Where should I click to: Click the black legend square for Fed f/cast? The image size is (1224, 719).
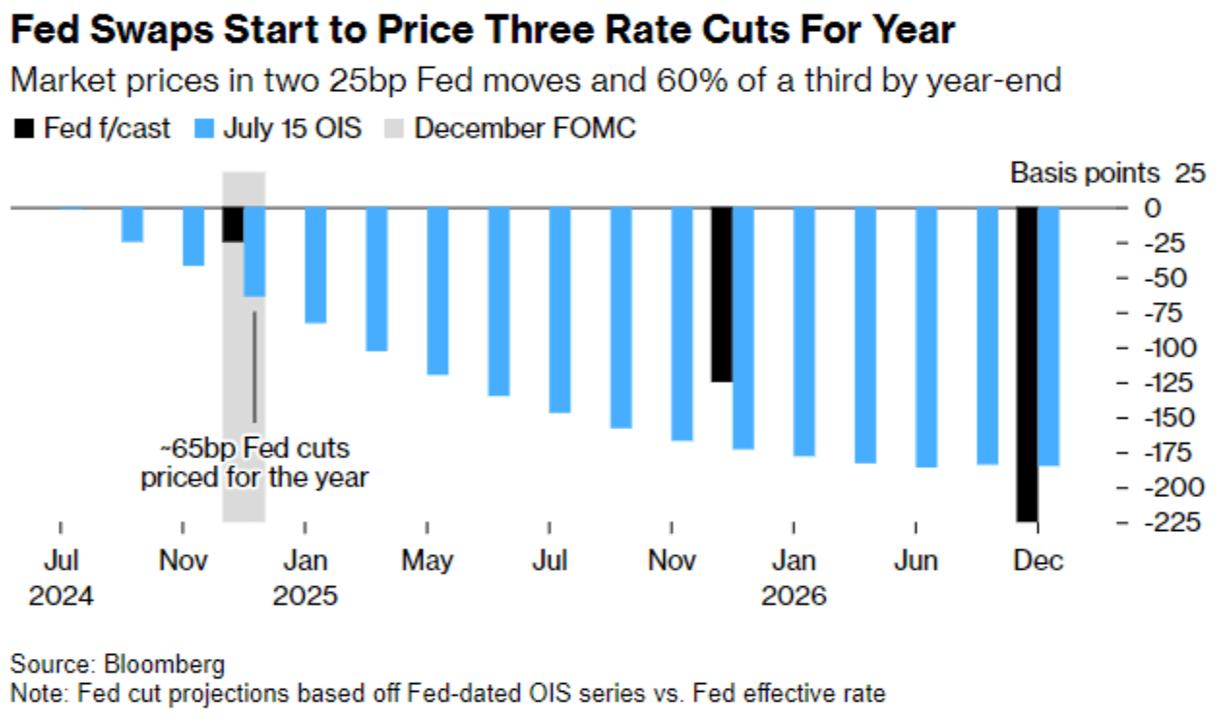coord(24,129)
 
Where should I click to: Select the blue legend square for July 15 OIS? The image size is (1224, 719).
coord(203,129)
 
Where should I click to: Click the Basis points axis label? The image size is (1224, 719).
coord(1085,173)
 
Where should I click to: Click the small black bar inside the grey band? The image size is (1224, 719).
coord(232,225)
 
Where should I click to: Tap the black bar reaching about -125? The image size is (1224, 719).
coord(720,295)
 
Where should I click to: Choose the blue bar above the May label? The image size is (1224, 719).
coord(438,291)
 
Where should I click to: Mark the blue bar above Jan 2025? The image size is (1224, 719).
coord(316,265)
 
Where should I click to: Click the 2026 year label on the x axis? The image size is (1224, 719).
coord(794,594)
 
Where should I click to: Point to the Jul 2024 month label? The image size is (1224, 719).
coord(61,561)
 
